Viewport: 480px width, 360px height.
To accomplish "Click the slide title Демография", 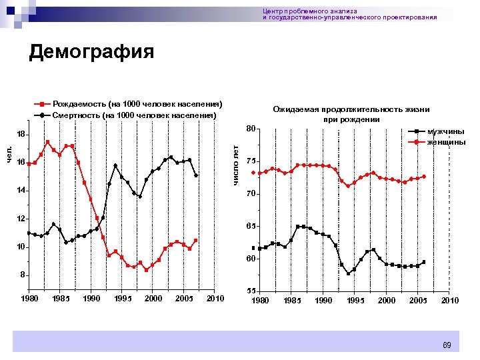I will pyautogui.click(x=91, y=52).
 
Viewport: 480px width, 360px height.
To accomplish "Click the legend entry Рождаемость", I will pyautogui.click(x=137, y=105).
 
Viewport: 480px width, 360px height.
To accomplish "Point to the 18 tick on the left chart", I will pyautogui.click(x=21, y=134).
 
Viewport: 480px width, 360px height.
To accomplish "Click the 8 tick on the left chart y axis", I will pyautogui.click(x=22, y=275).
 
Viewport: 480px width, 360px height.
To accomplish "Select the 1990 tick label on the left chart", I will pyautogui.click(x=91, y=299).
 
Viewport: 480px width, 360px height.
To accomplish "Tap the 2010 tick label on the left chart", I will pyautogui.click(x=215, y=299).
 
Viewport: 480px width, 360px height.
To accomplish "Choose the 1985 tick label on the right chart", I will pyautogui.click(x=291, y=301).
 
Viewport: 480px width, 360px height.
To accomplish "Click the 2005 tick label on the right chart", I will pyautogui.click(x=418, y=301).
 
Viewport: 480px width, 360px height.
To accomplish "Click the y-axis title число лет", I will pyautogui.click(x=235, y=165).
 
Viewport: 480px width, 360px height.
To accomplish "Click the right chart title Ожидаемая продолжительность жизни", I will pyautogui.click(x=351, y=109).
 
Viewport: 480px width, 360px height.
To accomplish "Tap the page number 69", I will pyautogui.click(x=447, y=345).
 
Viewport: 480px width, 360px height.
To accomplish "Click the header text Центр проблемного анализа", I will pyautogui.click(x=310, y=11).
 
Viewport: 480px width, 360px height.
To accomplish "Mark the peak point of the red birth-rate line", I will pyautogui.click(x=47, y=142).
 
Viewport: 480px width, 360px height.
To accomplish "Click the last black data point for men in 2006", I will pyautogui.click(x=423, y=262).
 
